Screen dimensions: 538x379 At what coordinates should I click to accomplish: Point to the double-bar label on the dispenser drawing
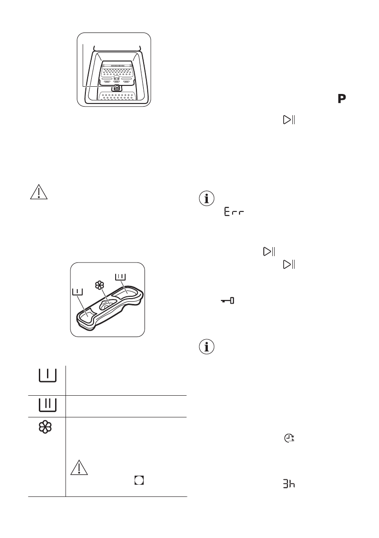click(120, 277)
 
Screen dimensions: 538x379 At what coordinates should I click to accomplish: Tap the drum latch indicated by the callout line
click(116, 87)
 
